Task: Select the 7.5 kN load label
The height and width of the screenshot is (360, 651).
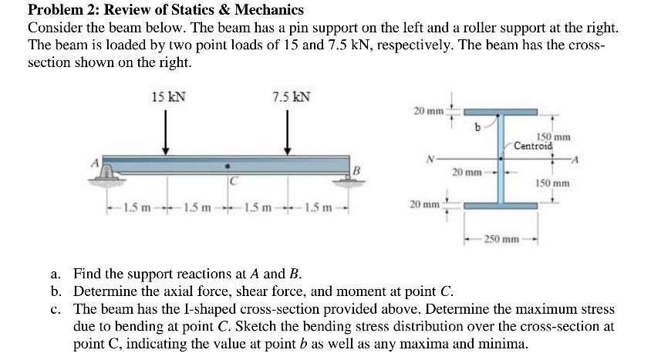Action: (291, 97)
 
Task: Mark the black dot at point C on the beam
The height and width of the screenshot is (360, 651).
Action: (226, 165)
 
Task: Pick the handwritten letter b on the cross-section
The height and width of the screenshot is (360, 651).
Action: (478, 127)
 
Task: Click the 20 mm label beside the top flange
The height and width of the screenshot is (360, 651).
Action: (428, 112)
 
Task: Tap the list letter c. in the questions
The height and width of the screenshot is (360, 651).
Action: (56, 309)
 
